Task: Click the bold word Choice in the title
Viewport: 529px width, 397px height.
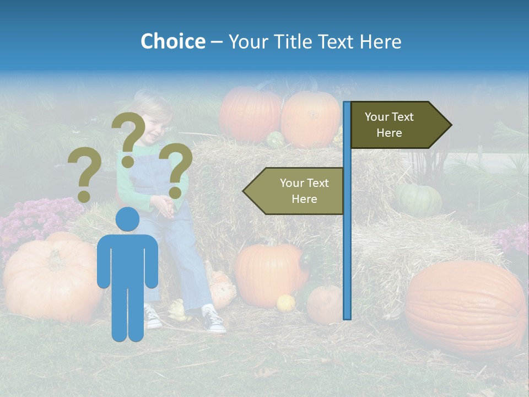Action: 172,41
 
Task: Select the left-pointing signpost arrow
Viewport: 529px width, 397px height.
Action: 294,191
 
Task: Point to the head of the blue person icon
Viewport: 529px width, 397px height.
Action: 128,219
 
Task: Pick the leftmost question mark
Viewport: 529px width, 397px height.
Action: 84,176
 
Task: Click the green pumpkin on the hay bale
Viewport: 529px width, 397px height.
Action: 418,199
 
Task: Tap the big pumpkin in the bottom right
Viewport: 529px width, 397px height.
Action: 466,308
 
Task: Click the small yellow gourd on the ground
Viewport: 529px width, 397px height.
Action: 285,303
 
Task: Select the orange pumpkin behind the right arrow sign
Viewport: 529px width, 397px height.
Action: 311,119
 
